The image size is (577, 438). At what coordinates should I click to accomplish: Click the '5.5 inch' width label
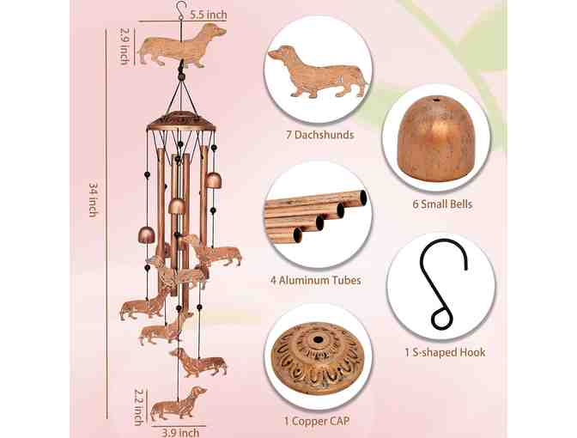point(209,15)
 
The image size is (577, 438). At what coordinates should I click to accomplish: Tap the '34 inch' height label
point(94,199)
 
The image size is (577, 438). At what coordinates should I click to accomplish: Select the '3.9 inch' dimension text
point(180,433)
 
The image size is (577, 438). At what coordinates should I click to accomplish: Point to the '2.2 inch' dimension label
point(138,407)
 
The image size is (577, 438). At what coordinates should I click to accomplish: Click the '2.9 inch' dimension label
point(125,46)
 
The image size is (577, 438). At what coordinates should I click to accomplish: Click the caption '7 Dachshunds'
point(320,135)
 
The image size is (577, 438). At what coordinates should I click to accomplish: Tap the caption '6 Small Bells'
point(442,204)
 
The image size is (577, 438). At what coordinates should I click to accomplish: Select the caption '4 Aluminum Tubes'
point(316,281)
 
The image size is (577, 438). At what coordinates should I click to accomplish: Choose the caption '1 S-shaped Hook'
point(445,352)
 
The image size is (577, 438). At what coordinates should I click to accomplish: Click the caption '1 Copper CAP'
point(317,421)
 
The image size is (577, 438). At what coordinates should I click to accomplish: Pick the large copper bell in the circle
point(435,139)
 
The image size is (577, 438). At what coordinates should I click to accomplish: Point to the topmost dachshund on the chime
point(182,46)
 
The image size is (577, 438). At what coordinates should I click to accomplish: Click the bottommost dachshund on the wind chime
point(178,404)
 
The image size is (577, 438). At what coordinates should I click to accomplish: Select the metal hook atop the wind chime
point(180,10)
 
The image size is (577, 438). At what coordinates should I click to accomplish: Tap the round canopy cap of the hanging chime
point(180,121)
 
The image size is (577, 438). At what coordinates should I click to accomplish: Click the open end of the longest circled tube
point(363,198)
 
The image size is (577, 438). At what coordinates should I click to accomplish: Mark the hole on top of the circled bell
point(436,100)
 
